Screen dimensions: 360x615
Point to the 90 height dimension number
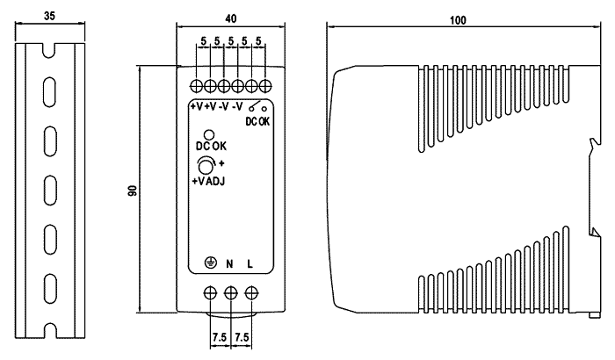[131, 190]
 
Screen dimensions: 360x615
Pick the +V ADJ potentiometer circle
[206, 166]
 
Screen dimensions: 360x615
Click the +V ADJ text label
[209, 182]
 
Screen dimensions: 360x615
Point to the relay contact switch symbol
[257, 109]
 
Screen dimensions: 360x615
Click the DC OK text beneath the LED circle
[209, 148]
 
